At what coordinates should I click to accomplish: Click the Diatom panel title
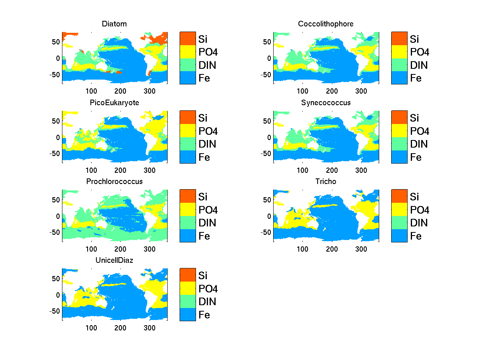[114, 24]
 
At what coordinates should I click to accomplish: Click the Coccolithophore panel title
[326, 24]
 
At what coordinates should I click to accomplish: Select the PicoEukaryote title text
[114, 103]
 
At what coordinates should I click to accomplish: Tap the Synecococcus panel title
[326, 103]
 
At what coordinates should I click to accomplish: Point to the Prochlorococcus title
[114, 182]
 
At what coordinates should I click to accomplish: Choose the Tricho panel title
[326, 182]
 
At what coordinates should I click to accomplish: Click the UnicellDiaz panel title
[114, 260]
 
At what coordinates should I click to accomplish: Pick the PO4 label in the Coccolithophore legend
[418, 52]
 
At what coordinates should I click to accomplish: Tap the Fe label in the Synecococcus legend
[416, 157]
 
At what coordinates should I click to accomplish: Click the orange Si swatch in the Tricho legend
[399, 196]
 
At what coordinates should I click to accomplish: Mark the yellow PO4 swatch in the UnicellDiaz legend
[188, 288]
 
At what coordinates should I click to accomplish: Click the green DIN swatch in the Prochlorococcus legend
[188, 222]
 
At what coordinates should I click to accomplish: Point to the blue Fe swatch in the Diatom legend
[188, 78]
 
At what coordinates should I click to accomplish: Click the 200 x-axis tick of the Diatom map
[120, 91]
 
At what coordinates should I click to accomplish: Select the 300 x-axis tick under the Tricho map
[361, 249]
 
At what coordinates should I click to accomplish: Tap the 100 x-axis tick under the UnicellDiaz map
[91, 328]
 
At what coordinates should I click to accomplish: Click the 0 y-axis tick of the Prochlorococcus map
[58, 216]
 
